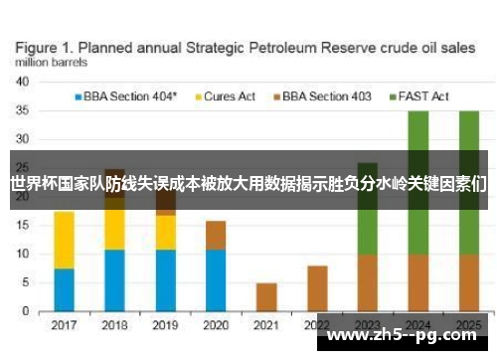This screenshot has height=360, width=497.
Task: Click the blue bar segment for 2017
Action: [65, 290]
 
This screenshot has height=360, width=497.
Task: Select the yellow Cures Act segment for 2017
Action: [65, 240]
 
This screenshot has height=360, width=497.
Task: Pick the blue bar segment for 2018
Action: [115, 280]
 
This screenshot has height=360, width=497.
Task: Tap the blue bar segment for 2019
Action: [166, 280]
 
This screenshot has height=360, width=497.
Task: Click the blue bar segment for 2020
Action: [216, 280]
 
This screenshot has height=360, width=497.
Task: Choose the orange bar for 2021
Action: [266, 297]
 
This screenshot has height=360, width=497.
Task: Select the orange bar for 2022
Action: [317, 288]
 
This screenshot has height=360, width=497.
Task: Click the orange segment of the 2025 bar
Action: [469, 283]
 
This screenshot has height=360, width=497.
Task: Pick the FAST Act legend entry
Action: [421, 96]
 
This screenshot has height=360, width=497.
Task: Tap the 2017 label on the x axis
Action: [65, 325]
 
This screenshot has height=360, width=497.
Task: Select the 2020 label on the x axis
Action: [216, 325]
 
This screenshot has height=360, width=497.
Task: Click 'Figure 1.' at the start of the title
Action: [46, 47]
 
